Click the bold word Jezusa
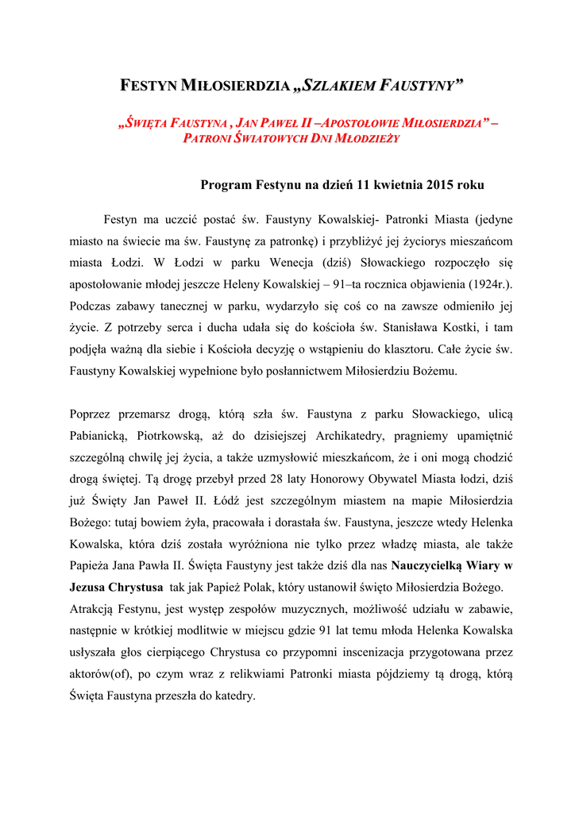pos(90,588)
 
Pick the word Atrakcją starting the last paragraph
pos(93,609)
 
